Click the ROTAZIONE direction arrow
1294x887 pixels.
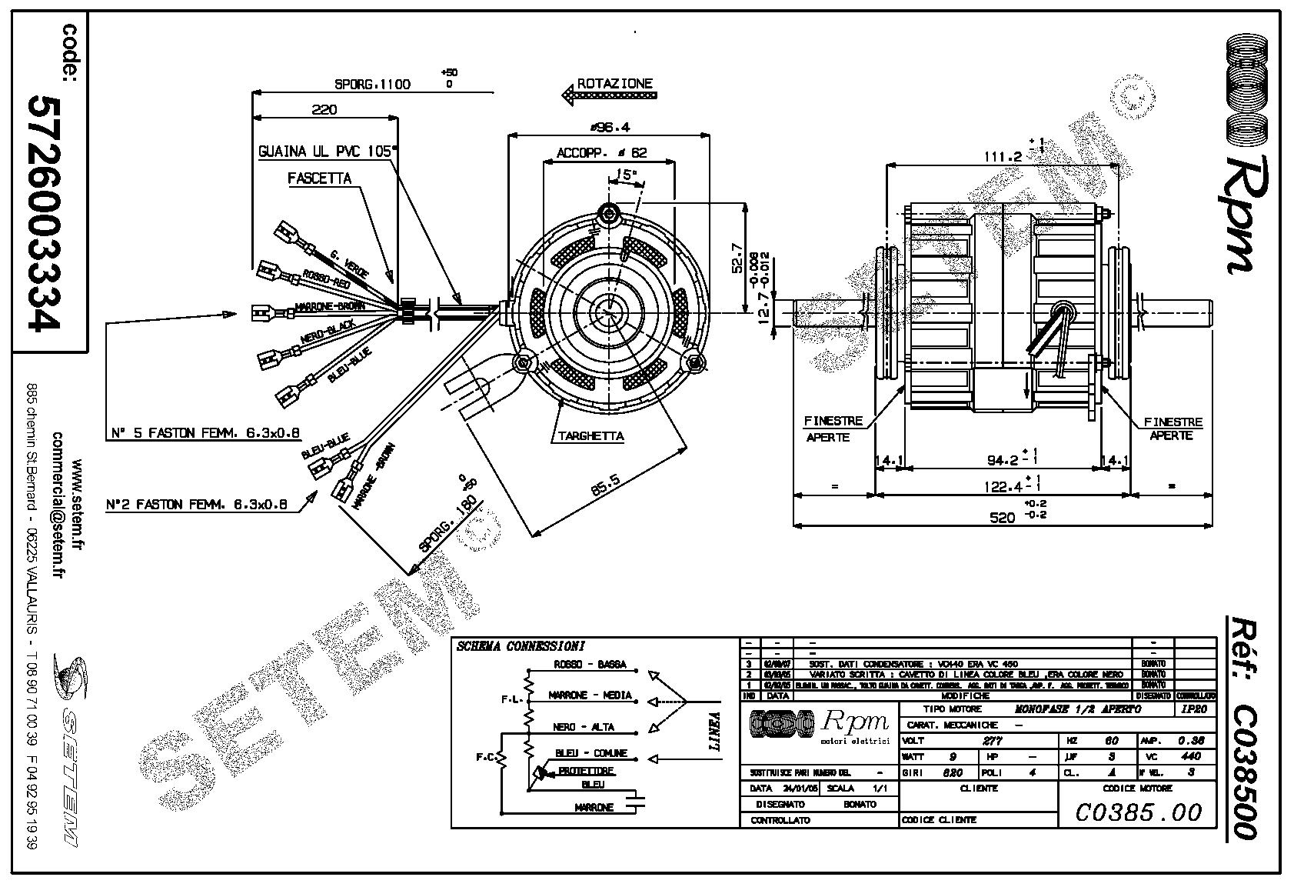[x=610, y=95]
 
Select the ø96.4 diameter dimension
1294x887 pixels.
[x=607, y=127]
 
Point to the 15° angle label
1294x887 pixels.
[x=627, y=175]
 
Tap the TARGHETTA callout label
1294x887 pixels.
[x=590, y=436]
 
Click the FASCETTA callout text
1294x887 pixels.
[x=320, y=178]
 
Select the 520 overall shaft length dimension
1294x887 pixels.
[x=1003, y=518]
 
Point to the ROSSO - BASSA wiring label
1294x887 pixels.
[x=590, y=664]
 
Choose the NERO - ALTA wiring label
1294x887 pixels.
[x=584, y=727]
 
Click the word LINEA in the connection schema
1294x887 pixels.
[x=714, y=730]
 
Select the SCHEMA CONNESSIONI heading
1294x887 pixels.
[x=521, y=646]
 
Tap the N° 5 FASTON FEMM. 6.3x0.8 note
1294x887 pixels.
[x=204, y=434]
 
